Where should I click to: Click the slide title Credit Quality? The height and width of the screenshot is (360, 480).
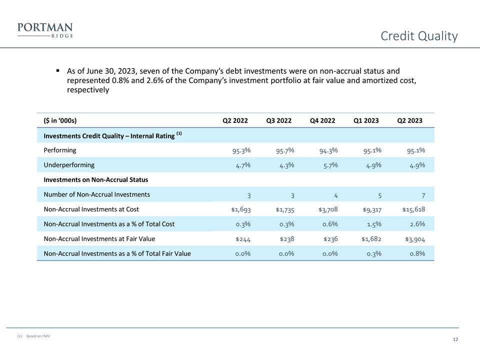click(x=419, y=36)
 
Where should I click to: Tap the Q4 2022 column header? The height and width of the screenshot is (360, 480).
click(x=322, y=120)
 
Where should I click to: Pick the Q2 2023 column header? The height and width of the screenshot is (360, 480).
click(x=409, y=120)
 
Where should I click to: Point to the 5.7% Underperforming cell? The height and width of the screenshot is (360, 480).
click(x=328, y=165)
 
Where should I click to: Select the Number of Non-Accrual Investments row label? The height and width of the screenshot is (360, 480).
click(x=96, y=194)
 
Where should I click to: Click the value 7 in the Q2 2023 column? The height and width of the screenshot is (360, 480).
click(x=422, y=195)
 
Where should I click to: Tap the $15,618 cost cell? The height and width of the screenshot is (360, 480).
click(x=413, y=209)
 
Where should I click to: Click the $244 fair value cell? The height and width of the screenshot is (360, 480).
click(x=243, y=239)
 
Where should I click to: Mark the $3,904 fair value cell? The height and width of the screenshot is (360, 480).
click(x=415, y=239)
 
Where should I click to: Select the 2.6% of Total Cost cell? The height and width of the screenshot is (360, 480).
click(x=415, y=224)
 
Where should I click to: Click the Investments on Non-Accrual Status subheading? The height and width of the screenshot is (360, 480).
click(x=96, y=179)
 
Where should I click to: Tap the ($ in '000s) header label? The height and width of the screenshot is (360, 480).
click(x=60, y=120)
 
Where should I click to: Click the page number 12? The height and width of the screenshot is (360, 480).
click(x=455, y=340)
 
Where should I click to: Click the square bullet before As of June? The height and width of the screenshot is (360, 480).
click(x=58, y=70)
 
